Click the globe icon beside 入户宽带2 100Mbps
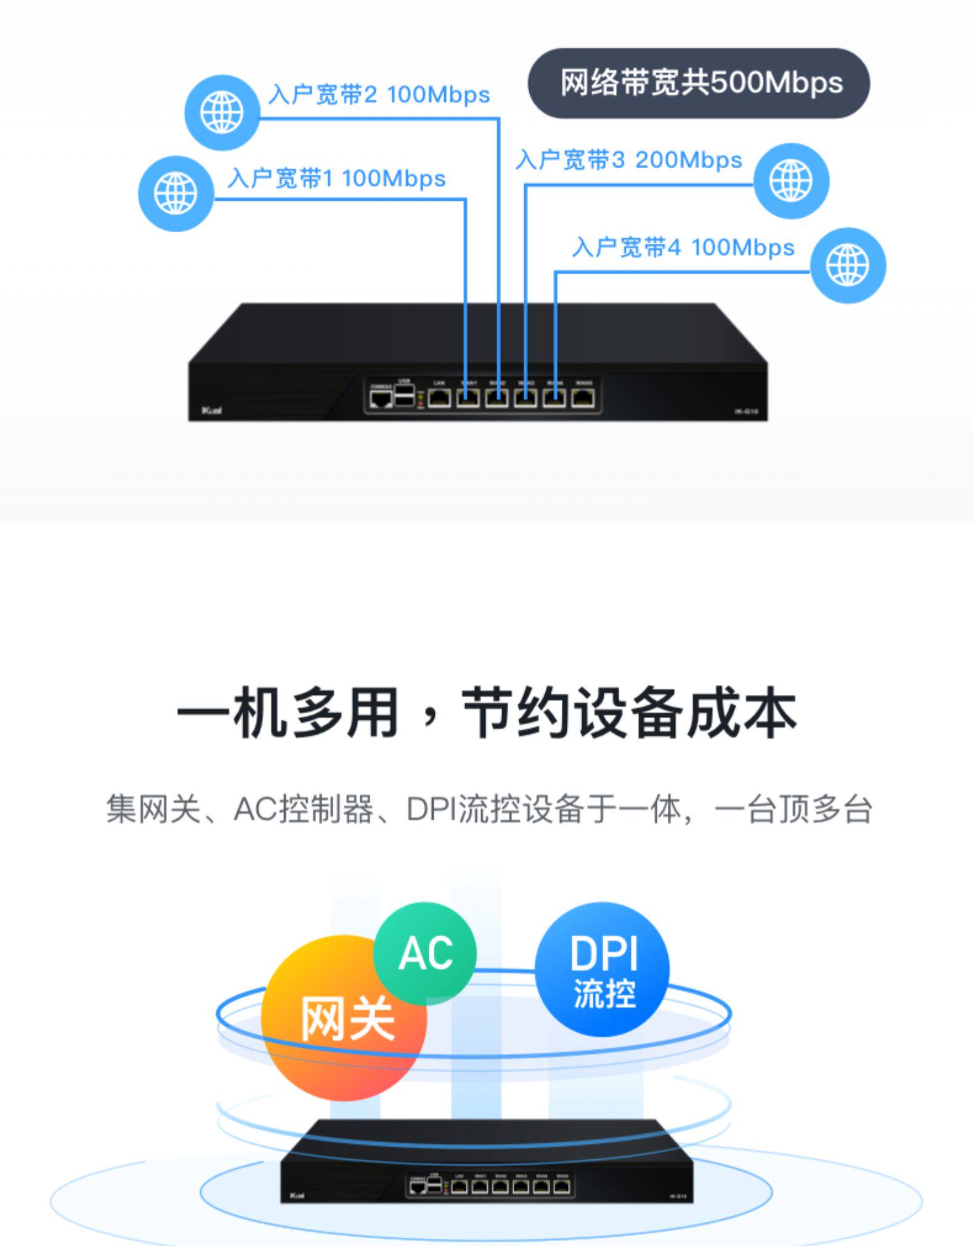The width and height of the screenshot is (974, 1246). coord(222,113)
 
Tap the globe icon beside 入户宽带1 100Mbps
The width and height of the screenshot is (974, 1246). coord(176,193)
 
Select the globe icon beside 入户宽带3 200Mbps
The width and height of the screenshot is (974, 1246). coord(791,180)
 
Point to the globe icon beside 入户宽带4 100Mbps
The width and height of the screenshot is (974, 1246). coord(848,265)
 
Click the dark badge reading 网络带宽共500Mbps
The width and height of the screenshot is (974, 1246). coord(699,83)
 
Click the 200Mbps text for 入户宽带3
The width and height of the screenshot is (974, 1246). coord(688,160)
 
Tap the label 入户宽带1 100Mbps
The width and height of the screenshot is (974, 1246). coord(336,179)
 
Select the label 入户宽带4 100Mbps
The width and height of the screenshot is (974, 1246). coord(683,248)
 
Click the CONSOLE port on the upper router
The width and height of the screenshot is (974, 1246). coord(381,399)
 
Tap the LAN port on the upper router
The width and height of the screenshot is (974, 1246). coord(439,398)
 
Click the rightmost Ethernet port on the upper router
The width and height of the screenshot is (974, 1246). coord(583,398)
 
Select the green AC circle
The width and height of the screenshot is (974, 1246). coord(424,953)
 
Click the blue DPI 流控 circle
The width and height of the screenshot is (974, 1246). coord(602,969)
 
